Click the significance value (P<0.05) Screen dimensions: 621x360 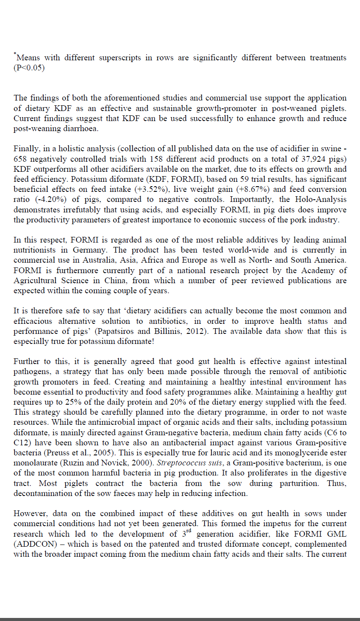(x=29, y=68)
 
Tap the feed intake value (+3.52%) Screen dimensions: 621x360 (x=183, y=189)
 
